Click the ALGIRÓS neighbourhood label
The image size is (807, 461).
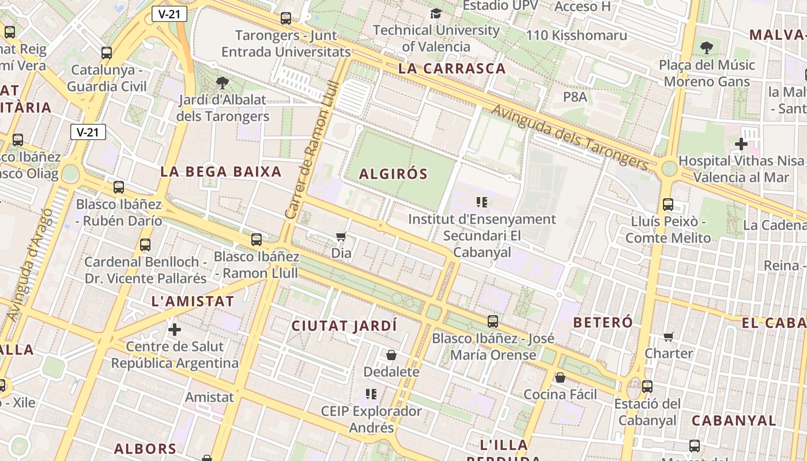pyautogui.click(x=394, y=174)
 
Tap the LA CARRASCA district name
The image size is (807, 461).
pyautogui.click(x=452, y=69)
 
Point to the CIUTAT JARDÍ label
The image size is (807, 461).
pyautogui.click(x=344, y=326)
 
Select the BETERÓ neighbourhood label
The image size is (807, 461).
pyautogui.click(x=603, y=322)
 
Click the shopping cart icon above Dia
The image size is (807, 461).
pyautogui.click(x=341, y=237)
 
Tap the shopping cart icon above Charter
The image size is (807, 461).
pyautogui.click(x=668, y=337)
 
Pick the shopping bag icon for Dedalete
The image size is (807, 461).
pyautogui.click(x=391, y=355)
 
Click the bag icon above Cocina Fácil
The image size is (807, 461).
pyautogui.click(x=560, y=378)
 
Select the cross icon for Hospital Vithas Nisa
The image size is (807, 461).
pyautogui.click(x=741, y=143)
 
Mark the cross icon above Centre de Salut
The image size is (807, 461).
pyautogui.click(x=175, y=330)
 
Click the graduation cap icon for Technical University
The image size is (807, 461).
pyautogui.click(x=436, y=13)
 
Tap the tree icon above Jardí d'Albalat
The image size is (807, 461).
pyautogui.click(x=222, y=83)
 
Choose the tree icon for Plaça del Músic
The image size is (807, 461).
pyautogui.click(x=707, y=47)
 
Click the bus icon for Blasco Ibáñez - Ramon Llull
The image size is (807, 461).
pyautogui.click(x=257, y=240)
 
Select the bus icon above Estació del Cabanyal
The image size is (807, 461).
pyautogui.click(x=647, y=387)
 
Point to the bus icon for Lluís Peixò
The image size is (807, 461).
pyautogui.click(x=668, y=204)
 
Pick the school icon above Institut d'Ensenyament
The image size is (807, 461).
pyautogui.click(x=482, y=202)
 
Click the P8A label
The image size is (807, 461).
pyautogui.click(x=575, y=97)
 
